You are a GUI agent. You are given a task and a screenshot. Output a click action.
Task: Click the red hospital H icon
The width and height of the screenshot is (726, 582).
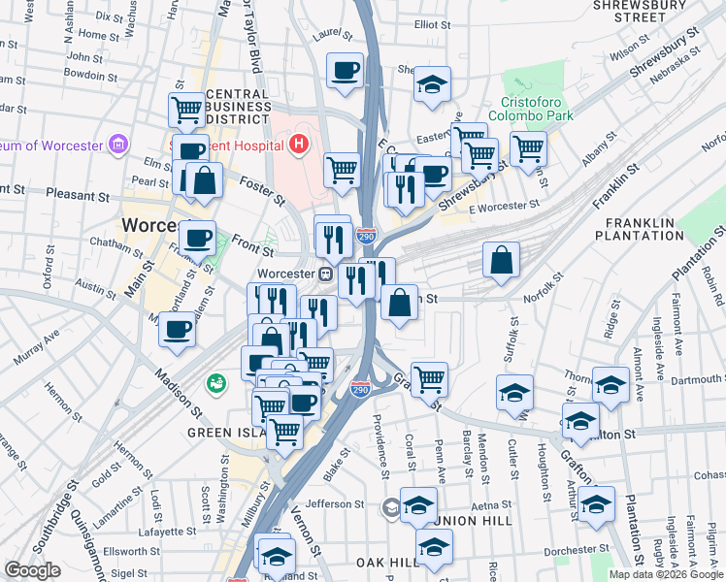coord(299,145)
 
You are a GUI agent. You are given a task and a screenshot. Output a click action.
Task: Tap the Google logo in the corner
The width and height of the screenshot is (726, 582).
coord(32,571)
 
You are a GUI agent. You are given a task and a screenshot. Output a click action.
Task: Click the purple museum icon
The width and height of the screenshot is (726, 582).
coord(119,145)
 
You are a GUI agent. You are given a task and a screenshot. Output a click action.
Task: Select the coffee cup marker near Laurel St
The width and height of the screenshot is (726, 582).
coord(345,71)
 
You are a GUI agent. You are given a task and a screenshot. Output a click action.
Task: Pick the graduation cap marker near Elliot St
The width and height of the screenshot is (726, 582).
coord(432,83)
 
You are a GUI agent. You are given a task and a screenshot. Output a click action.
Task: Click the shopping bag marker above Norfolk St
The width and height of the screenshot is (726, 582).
coord(501,260)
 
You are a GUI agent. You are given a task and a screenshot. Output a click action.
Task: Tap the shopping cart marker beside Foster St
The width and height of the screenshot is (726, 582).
coord(342,170)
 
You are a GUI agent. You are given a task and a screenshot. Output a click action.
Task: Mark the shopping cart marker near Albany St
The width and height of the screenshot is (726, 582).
coord(528,149)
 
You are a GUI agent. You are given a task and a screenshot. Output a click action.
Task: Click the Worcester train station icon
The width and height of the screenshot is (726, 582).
coord(327,275)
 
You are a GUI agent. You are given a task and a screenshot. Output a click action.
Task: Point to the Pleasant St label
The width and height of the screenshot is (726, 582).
coord(78,195)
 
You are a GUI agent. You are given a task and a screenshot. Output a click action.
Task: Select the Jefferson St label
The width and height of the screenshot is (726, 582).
coord(335,503)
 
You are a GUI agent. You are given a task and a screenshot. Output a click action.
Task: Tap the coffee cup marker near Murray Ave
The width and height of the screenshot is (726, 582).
coord(177,330)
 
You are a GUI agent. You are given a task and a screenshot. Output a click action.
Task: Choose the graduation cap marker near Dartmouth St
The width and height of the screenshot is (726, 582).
coord(610,383)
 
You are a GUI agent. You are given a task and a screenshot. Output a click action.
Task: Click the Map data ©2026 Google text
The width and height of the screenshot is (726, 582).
coord(666,574)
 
